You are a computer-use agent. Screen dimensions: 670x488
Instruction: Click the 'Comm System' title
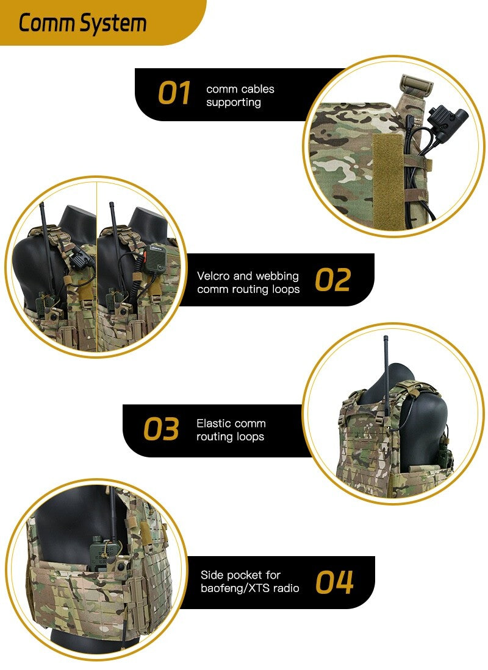(82, 24)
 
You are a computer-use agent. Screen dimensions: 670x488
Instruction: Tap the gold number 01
(174, 94)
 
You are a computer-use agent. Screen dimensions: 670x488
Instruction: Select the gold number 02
(333, 280)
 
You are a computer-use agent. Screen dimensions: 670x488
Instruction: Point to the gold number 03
(162, 429)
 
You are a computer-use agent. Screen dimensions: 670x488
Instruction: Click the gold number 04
(334, 582)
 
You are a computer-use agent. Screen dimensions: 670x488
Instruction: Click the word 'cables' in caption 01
(259, 89)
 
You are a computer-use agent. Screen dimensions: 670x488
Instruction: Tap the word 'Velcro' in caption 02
(213, 276)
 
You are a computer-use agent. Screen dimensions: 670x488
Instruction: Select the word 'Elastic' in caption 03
(213, 423)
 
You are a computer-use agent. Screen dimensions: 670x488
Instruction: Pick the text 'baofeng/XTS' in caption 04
(230, 588)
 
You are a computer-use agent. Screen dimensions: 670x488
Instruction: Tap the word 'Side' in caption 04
(212, 575)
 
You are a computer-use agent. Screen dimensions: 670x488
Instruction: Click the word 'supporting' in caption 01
(233, 102)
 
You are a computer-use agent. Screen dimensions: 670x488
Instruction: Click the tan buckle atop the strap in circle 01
(417, 83)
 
